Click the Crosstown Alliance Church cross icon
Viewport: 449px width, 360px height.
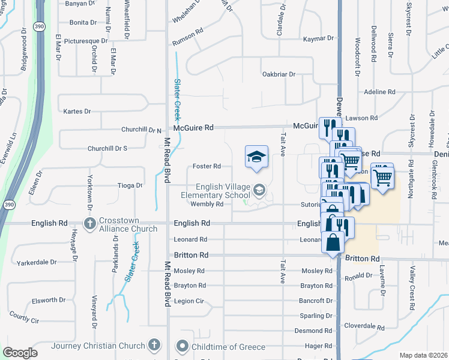click(90, 224)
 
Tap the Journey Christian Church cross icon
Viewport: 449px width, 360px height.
click(154, 345)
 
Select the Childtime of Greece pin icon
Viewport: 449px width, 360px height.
click(182, 346)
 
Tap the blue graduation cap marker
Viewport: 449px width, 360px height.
click(256, 157)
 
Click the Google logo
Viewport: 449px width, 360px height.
click(19, 353)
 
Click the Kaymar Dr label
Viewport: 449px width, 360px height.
click(318, 38)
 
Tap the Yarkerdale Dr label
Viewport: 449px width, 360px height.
click(37, 262)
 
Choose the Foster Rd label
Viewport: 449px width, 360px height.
click(206, 166)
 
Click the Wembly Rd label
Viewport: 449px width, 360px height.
click(206, 204)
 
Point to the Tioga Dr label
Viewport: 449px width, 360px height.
click(129, 185)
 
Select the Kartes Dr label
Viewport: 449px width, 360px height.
click(77, 111)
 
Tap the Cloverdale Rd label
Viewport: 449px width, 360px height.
click(364, 326)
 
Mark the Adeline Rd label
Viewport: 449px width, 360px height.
click(380, 92)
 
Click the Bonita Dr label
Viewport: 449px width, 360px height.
click(83, 22)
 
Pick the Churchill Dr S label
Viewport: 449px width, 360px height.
click(107, 148)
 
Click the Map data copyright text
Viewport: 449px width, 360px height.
click(423, 355)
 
